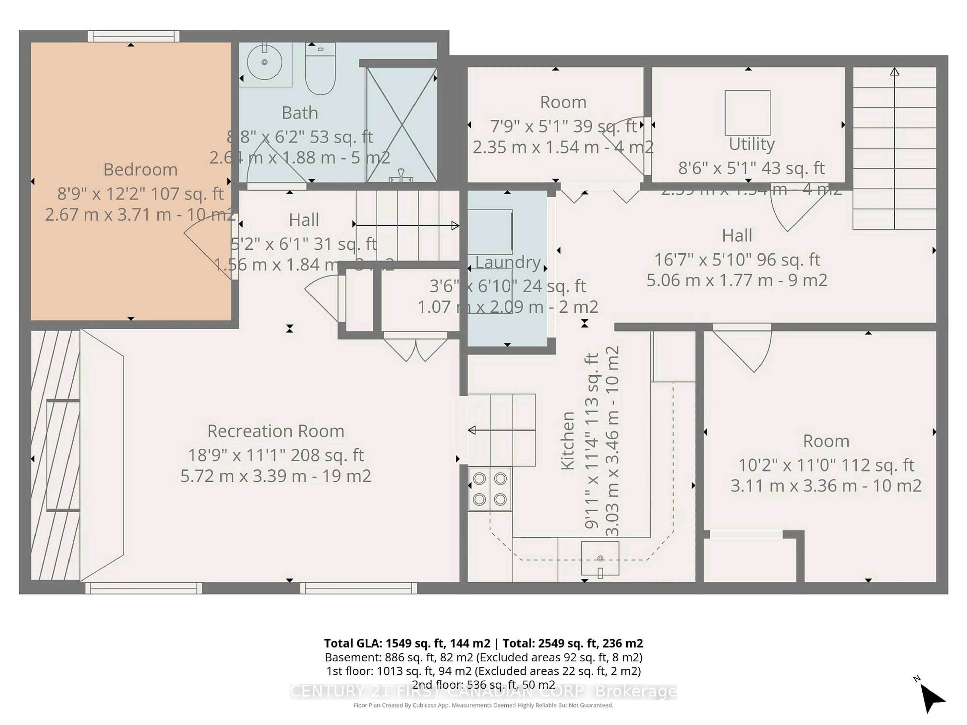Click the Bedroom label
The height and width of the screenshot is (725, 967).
[140, 170]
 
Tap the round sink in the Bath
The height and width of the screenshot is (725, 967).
[264, 62]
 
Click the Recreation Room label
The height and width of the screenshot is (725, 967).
[275, 431]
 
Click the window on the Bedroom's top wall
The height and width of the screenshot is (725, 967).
[133, 36]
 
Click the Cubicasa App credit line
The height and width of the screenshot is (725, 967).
[483, 705]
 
